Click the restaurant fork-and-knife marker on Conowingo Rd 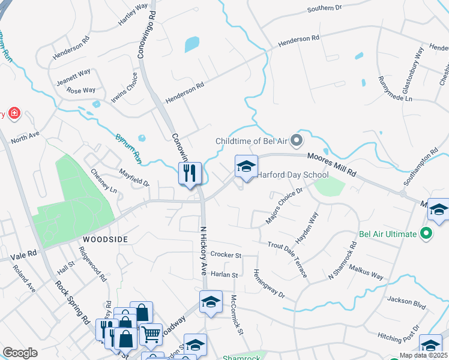tap(190, 174)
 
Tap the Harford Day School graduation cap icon tap(246, 167)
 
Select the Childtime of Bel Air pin tap(296, 141)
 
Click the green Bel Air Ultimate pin tap(426, 233)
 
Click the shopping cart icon tap(151, 333)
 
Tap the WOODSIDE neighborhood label tap(105, 239)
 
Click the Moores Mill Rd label tap(332, 164)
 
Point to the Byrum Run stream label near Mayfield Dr tap(128, 148)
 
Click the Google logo tap(20, 352)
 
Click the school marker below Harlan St tap(211, 302)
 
